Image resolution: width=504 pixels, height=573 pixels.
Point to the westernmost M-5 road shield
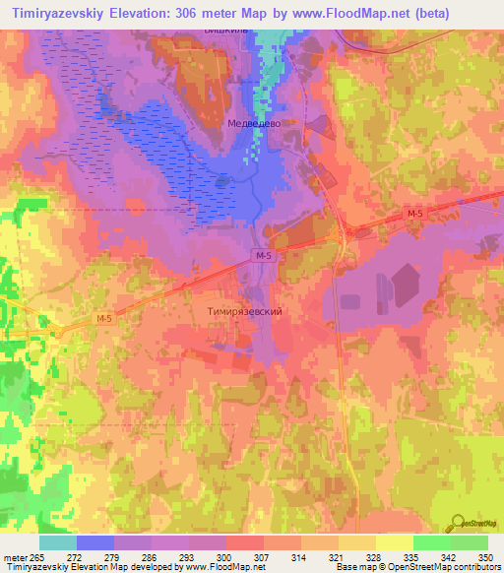point(105,318)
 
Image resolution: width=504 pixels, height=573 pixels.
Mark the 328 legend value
point(360,557)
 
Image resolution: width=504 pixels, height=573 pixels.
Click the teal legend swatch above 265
point(57,542)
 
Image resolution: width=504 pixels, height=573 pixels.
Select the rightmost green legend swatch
point(470,542)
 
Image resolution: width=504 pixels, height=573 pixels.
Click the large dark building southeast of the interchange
point(406,287)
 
